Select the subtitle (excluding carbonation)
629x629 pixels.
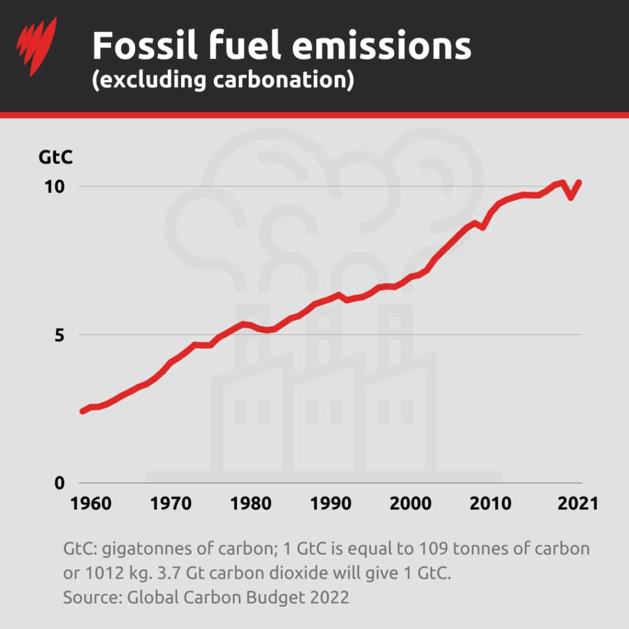222,80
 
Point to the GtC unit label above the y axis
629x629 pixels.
56,158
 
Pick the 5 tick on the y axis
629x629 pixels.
59,335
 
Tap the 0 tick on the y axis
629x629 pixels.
59,483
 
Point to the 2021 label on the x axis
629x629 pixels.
577,503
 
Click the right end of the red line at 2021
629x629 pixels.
579,182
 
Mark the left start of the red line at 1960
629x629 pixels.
82,411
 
